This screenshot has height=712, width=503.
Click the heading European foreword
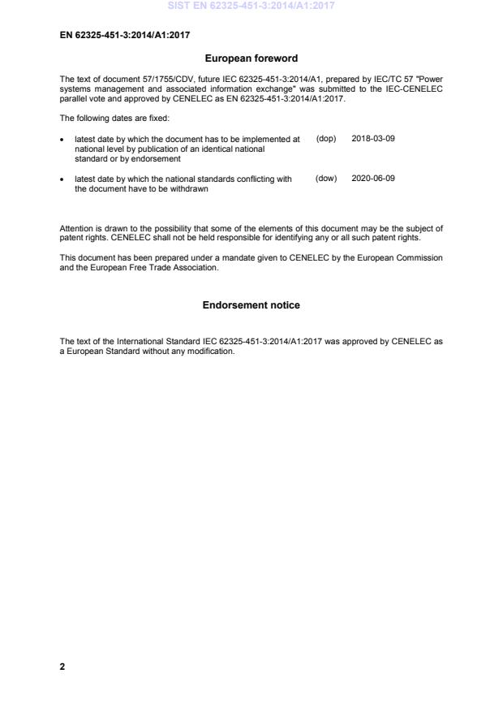(x=251, y=58)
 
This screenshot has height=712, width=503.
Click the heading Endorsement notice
(x=251, y=305)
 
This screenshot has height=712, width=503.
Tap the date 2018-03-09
(x=373, y=139)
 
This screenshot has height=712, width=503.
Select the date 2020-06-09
(x=373, y=179)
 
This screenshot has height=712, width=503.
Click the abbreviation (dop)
(x=325, y=139)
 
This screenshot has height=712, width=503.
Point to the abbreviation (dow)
(x=325, y=179)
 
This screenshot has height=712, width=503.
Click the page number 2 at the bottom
(x=62, y=667)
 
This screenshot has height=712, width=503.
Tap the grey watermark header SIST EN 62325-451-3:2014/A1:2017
(x=251, y=6)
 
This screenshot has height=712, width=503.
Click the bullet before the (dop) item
(x=62, y=140)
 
